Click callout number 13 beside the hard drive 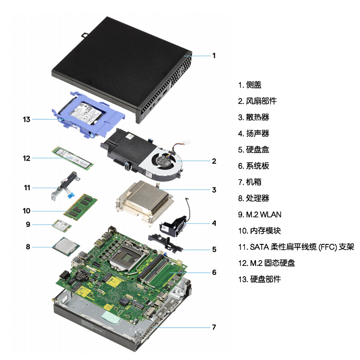click(27, 119)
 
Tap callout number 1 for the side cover click(214, 55)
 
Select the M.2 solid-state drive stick click(72, 159)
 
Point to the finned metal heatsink click(145, 201)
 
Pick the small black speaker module click(173, 227)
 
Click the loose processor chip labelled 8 click(66, 246)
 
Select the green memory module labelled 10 click(81, 207)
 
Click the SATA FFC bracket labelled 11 click(65, 186)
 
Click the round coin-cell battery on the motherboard click(82, 275)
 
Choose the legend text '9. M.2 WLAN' click(260, 215)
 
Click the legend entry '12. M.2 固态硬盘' click(266, 263)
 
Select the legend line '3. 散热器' click(253, 117)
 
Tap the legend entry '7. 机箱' click(250, 182)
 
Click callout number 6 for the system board click(214, 272)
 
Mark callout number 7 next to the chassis click(214, 327)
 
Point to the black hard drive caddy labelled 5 click(166, 243)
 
